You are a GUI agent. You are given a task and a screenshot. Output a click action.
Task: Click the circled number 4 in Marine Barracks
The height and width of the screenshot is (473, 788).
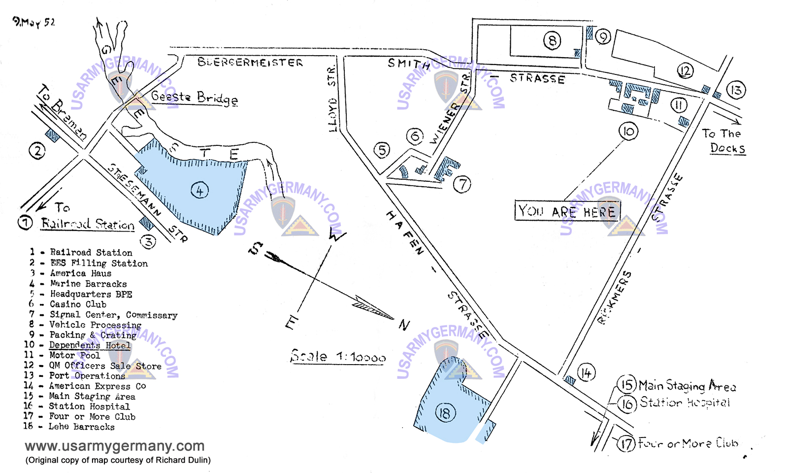(x=200, y=190)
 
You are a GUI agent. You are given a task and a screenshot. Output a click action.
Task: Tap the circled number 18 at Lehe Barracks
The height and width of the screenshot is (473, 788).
(x=445, y=412)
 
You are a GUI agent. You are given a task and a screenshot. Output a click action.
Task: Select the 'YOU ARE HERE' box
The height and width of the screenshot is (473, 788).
(x=567, y=211)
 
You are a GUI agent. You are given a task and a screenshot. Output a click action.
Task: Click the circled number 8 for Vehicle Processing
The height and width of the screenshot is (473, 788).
(x=552, y=40)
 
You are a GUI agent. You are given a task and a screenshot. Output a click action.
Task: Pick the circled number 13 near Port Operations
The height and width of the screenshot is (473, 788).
(x=736, y=90)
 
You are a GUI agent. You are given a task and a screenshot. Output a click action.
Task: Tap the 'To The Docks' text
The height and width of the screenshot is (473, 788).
(x=723, y=141)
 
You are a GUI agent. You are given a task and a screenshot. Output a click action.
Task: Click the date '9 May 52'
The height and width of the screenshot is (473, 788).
(x=34, y=22)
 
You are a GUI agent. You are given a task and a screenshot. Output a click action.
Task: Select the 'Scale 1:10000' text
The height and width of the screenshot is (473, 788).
(x=338, y=356)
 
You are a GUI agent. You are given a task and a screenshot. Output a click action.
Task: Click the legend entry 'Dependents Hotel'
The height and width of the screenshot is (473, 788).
(x=90, y=345)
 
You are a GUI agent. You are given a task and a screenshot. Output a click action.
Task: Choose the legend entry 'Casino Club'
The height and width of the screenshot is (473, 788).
(x=78, y=304)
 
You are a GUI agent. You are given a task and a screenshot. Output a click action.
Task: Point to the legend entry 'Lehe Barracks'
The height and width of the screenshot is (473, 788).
(x=81, y=427)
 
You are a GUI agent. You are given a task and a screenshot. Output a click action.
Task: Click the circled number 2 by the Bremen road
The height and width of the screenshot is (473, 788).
(x=37, y=151)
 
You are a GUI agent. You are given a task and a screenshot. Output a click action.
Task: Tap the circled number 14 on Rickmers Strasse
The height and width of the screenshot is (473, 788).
(x=586, y=373)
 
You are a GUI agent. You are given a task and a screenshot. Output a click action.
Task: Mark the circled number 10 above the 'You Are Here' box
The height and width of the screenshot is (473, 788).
(x=628, y=131)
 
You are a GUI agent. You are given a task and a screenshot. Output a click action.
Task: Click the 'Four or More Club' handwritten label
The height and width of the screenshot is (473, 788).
(x=688, y=443)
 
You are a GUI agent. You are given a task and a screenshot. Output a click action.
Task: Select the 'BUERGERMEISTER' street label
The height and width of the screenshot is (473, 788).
(x=250, y=63)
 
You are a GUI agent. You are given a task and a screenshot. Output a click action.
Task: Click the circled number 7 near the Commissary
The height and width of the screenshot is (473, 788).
(x=462, y=185)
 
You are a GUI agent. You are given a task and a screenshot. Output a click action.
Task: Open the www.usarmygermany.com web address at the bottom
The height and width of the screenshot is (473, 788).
(x=114, y=446)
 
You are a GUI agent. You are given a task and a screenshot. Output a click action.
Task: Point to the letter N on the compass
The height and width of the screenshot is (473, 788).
(x=404, y=325)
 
